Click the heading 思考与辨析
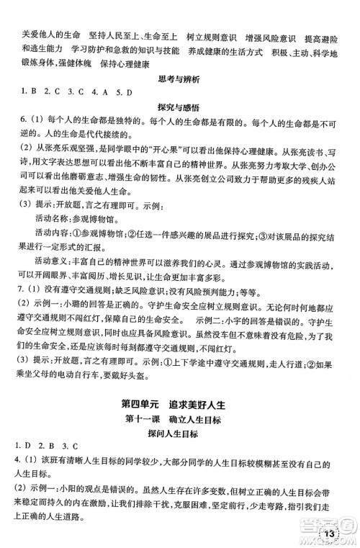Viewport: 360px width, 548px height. tap(179, 93)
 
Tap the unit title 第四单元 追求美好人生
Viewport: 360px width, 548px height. tap(179, 401)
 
